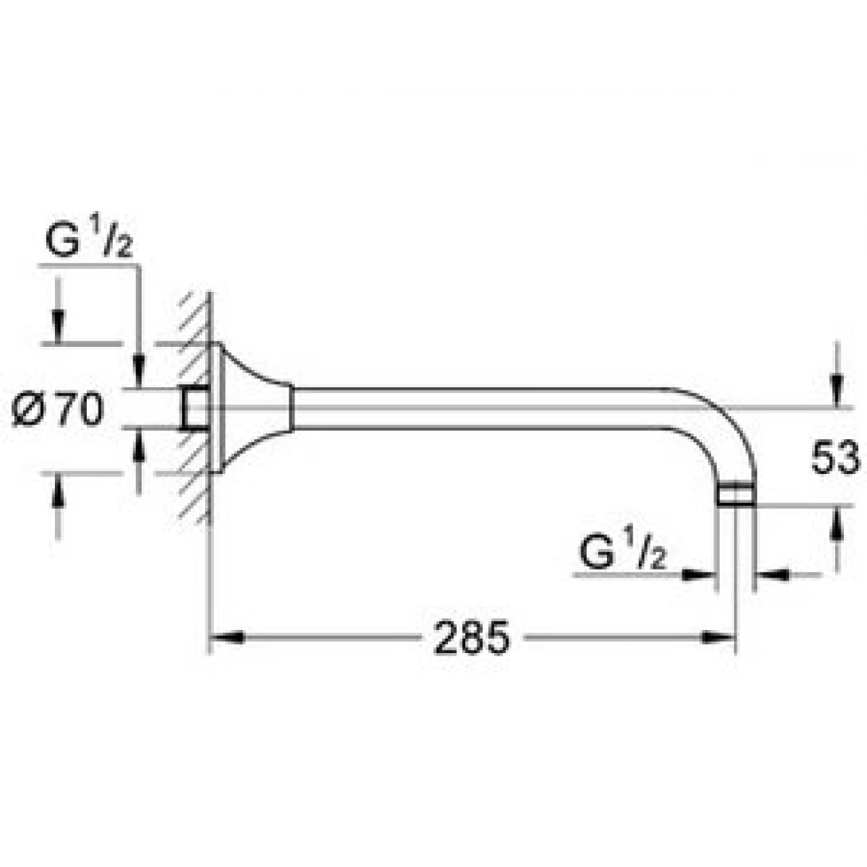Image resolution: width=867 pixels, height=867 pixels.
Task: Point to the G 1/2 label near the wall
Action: tap(88, 243)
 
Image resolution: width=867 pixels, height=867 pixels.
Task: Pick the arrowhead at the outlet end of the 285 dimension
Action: tap(721, 637)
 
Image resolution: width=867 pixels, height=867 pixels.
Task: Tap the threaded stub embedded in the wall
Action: tap(196, 408)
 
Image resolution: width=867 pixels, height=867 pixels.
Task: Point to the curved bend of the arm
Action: tap(720, 422)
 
